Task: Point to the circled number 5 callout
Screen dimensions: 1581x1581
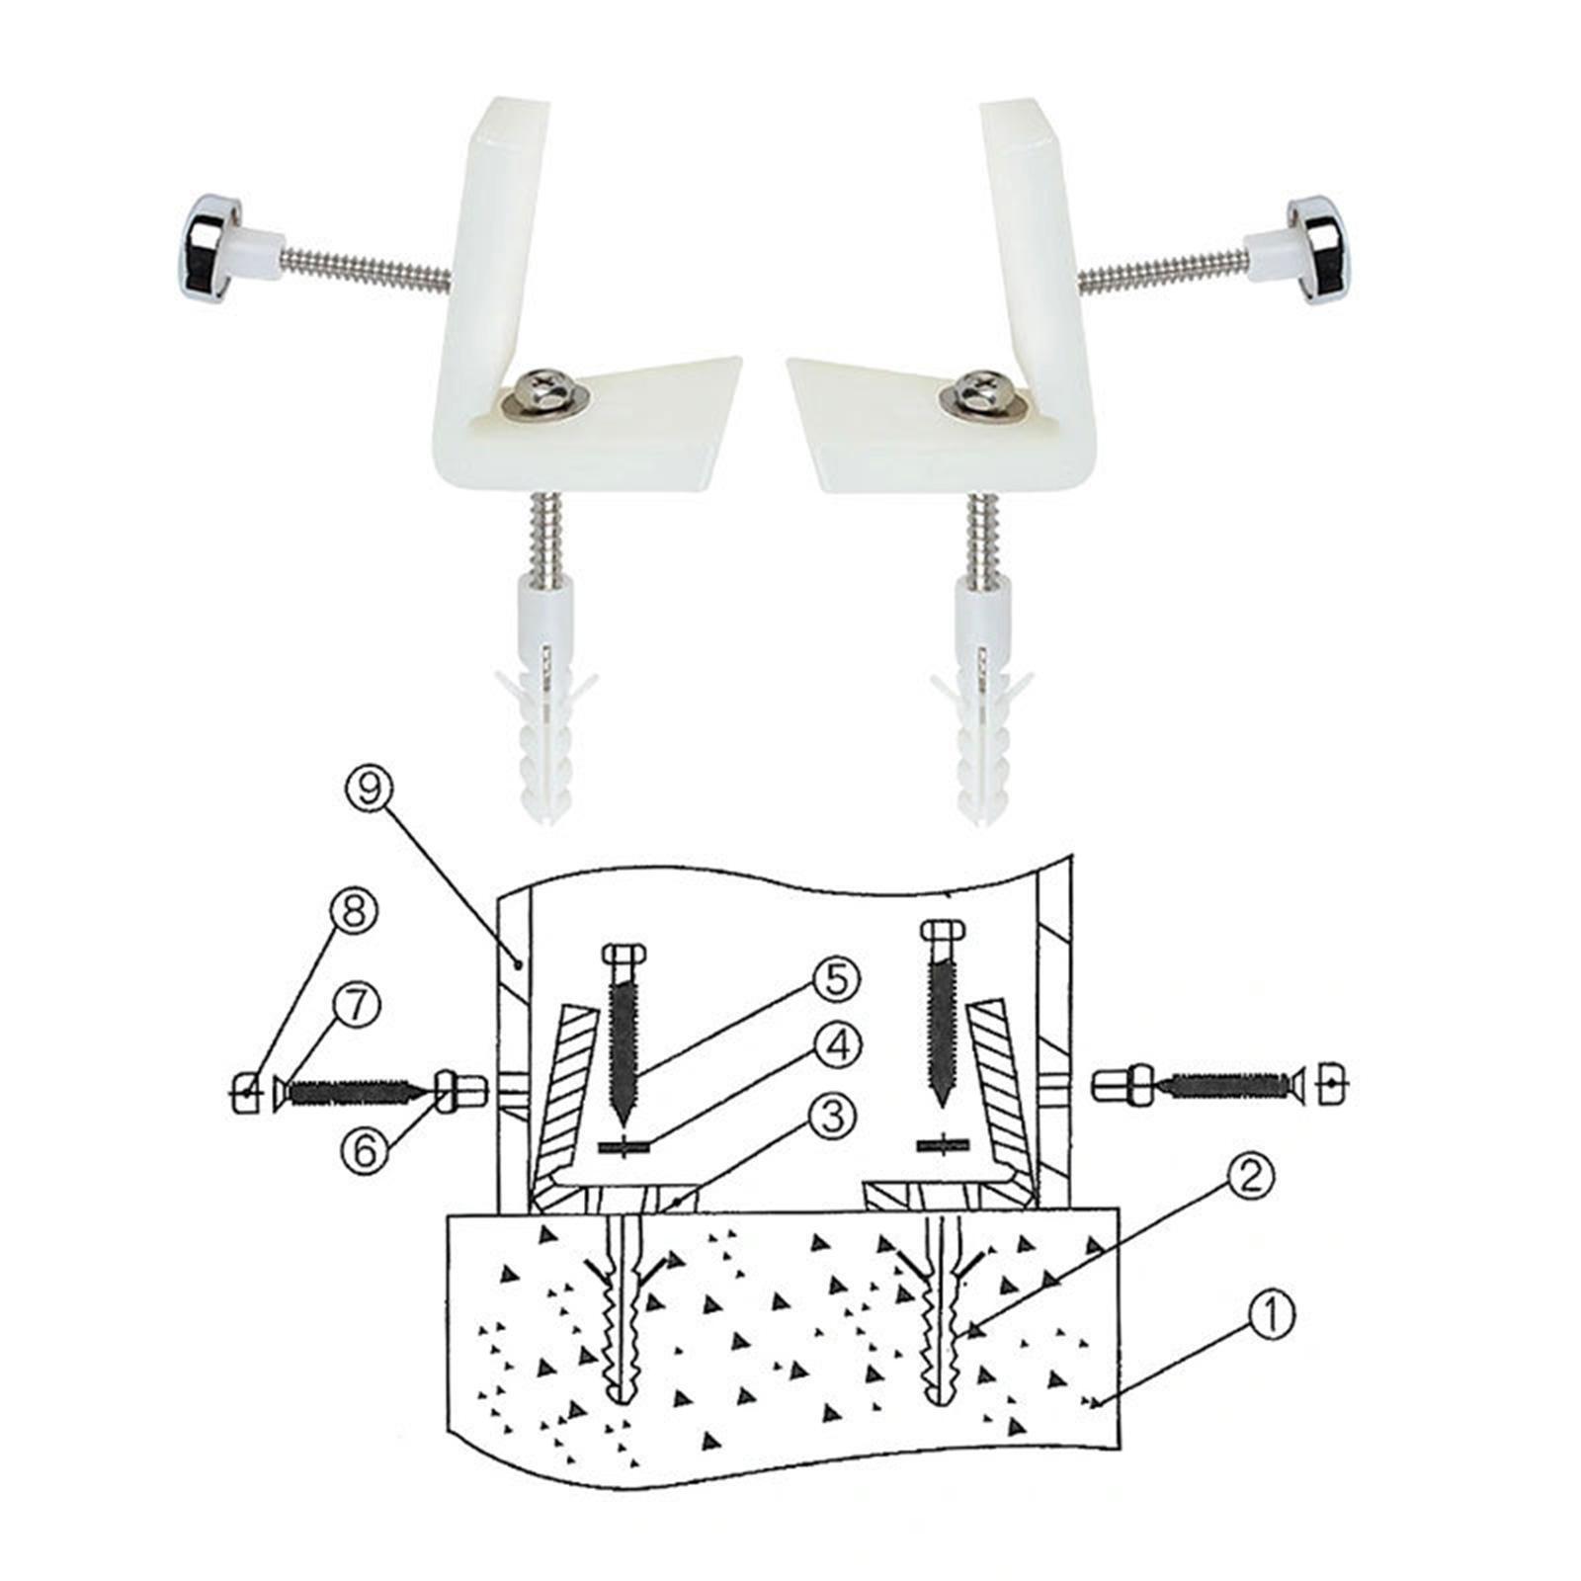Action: coord(836,980)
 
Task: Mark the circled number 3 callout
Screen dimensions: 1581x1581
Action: coord(829,1119)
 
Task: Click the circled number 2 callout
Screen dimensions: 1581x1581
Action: coord(1251,1176)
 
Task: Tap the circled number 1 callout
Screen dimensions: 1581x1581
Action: coord(1272,1316)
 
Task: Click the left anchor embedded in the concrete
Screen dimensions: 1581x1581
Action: coord(622,1314)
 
